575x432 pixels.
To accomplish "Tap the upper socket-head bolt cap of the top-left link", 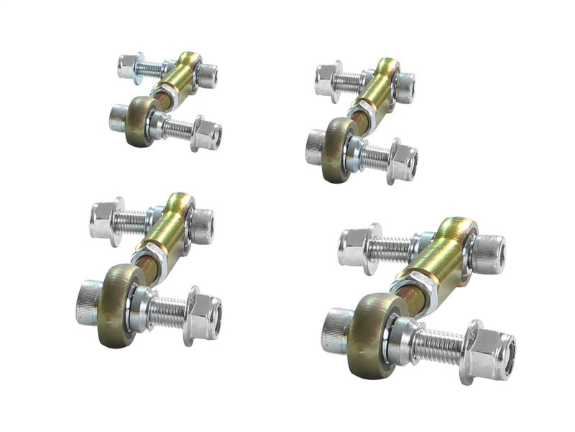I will [x=208, y=75].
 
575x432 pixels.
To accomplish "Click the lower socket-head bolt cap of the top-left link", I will [x=118, y=117].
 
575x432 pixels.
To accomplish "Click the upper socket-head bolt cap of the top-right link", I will [x=405, y=86].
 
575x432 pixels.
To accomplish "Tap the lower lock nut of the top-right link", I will [x=402, y=161].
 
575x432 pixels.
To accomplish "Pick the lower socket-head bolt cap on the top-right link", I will [x=315, y=146].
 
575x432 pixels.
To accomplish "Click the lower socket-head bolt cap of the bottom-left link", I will [x=87, y=302].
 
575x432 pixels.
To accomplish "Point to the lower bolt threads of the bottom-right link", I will [x=439, y=345].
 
